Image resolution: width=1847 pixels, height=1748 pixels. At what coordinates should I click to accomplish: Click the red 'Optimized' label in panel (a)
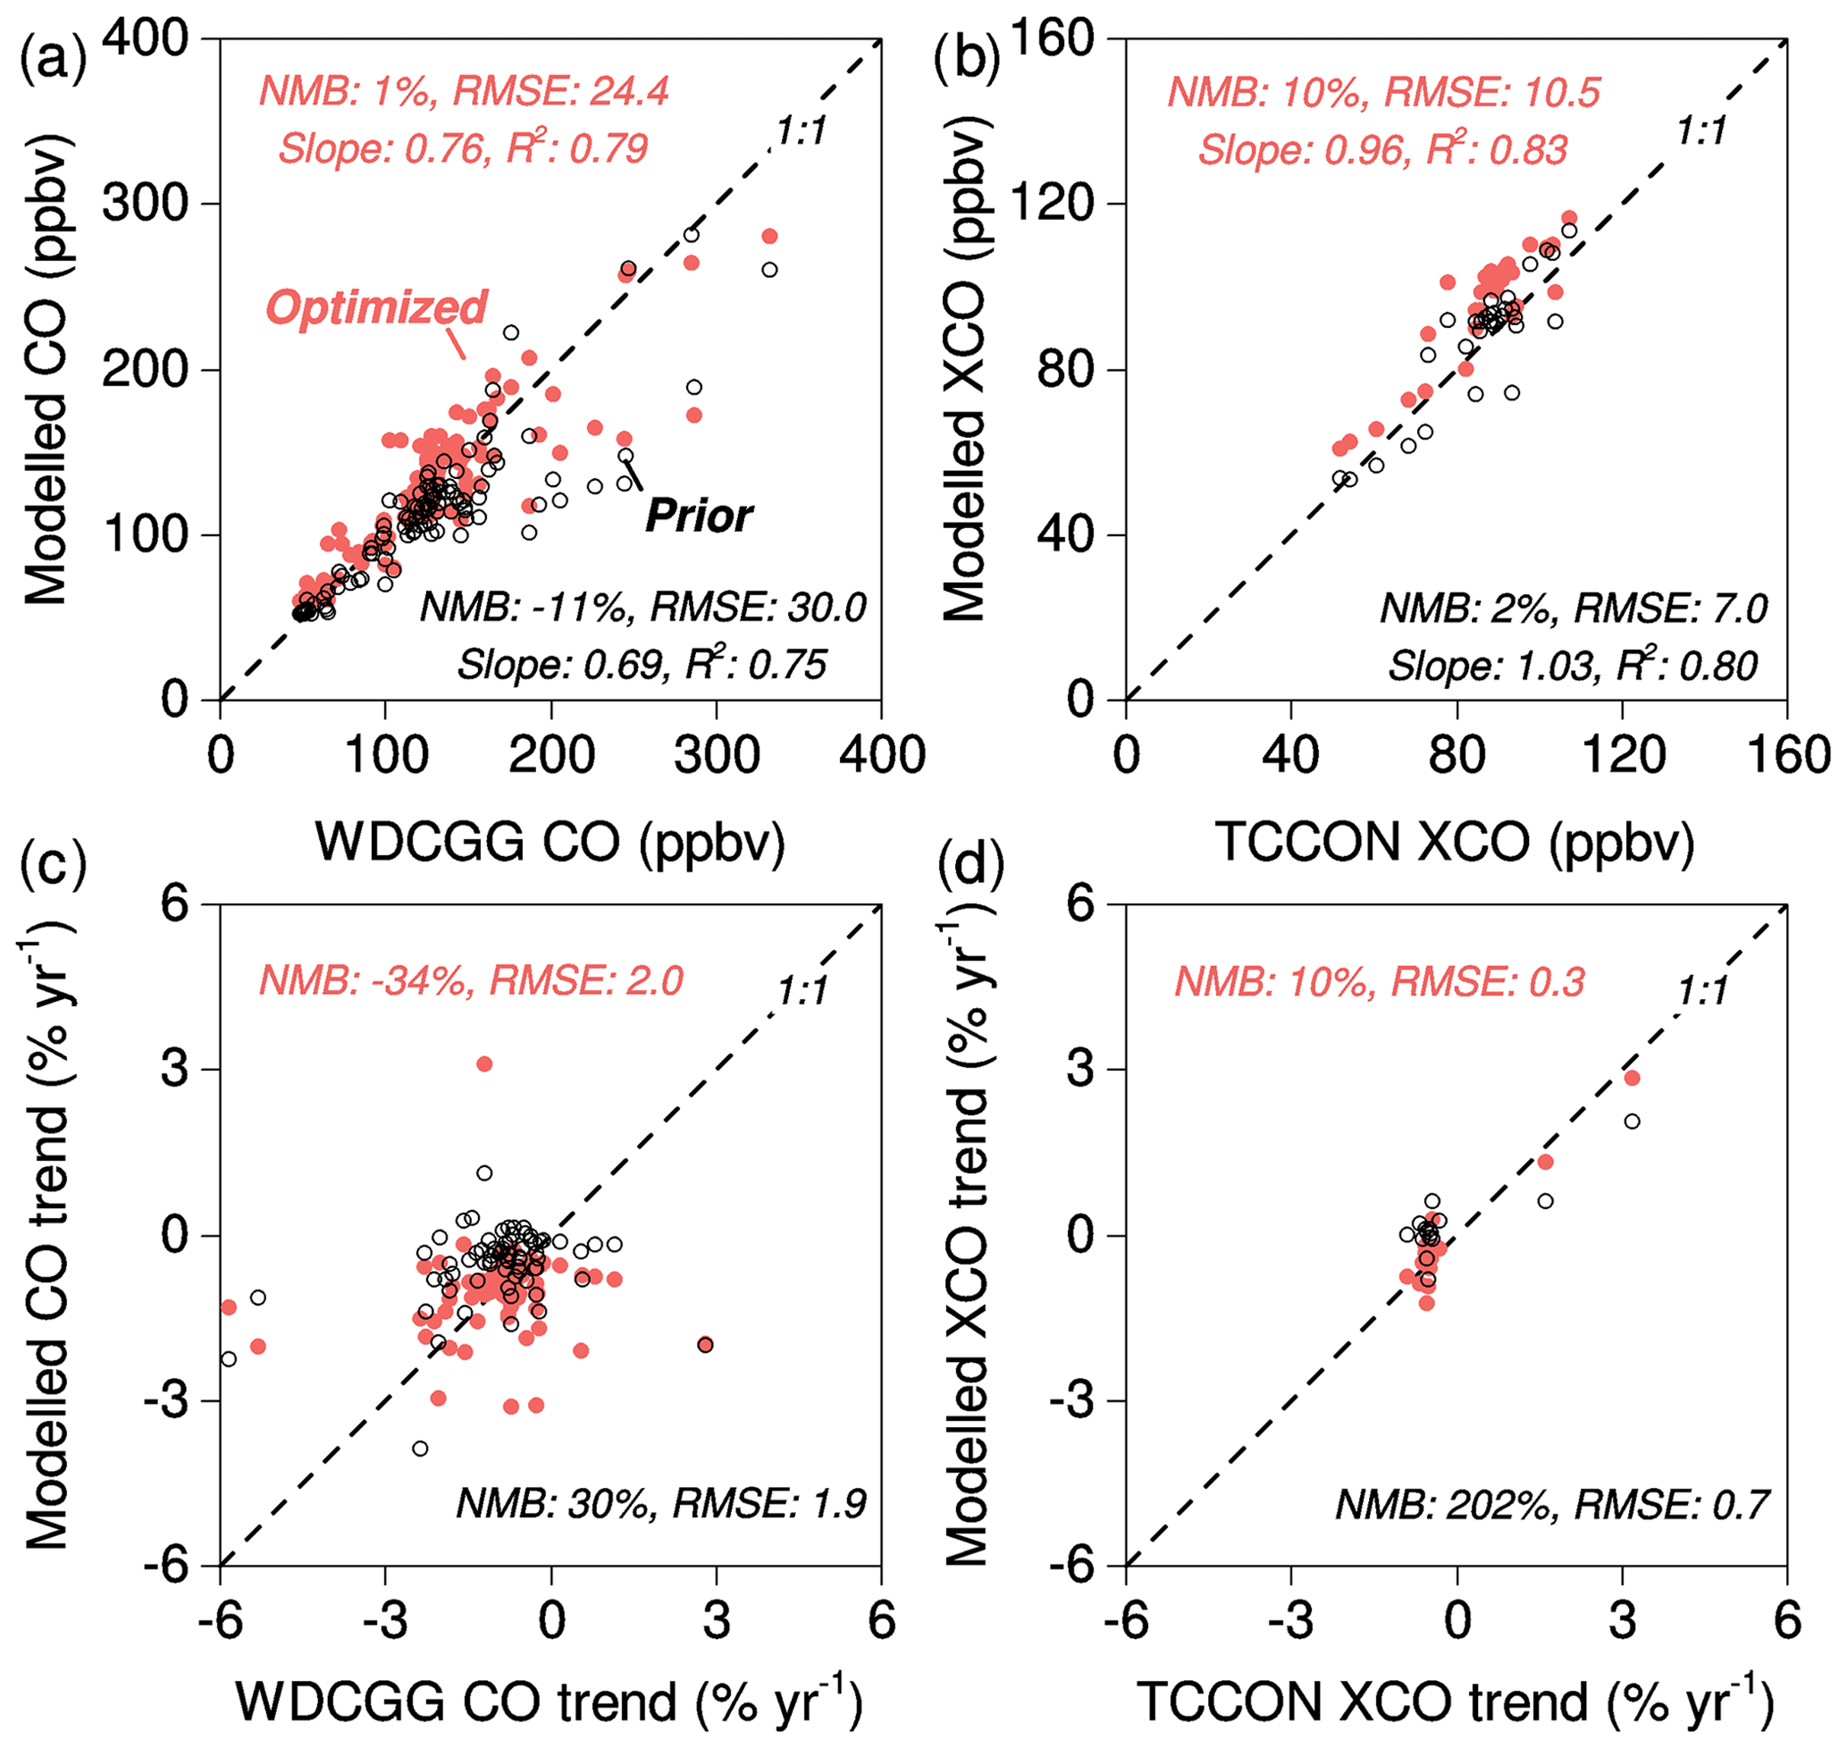tap(376, 307)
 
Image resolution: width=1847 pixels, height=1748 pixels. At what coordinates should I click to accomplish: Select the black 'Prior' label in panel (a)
tap(699, 516)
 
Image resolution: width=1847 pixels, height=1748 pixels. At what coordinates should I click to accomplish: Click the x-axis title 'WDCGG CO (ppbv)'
tap(550, 842)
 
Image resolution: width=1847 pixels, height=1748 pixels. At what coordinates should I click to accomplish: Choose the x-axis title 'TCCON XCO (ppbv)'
tap(1455, 842)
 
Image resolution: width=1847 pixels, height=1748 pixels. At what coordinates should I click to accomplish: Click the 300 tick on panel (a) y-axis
tap(146, 203)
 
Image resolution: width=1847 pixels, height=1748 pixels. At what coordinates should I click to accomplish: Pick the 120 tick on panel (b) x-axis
tap(1623, 755)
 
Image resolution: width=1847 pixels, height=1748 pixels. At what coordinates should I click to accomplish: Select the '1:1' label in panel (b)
tap(1701, 131)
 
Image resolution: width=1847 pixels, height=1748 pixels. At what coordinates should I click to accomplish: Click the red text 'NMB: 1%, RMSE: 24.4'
tap(464, 91)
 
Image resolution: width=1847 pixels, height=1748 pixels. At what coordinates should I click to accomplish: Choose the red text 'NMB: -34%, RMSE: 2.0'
tap(472, 981)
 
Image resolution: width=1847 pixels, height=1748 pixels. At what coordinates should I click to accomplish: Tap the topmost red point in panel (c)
tap(484, 1064)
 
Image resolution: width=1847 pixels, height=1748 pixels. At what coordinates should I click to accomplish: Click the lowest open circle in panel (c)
tap(420, 1449)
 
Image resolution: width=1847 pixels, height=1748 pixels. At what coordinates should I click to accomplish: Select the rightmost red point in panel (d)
tap(1632, 1078)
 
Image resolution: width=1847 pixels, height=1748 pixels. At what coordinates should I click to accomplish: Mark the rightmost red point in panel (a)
tap(769, 237)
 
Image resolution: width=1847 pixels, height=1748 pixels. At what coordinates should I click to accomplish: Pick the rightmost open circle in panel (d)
tap(1632, 1122)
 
